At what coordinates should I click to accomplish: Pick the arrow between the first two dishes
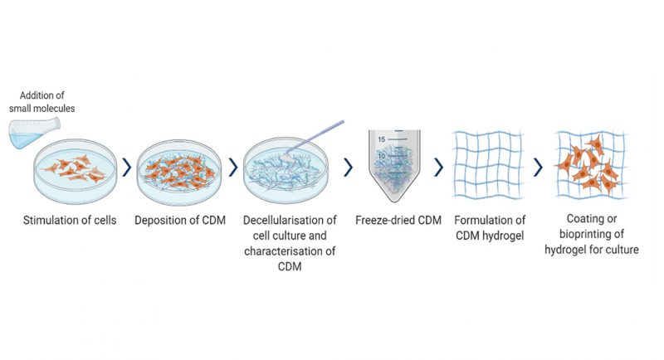[x=126, y=168]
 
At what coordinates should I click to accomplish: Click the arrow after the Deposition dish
[x=232, y=168]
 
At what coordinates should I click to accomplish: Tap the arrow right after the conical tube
[x=438, y=168]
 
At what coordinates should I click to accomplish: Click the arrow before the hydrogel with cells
[x=539, y=168]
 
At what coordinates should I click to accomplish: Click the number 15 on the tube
[x=383, y=139]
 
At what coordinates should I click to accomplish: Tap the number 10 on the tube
[x=383, y=156]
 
